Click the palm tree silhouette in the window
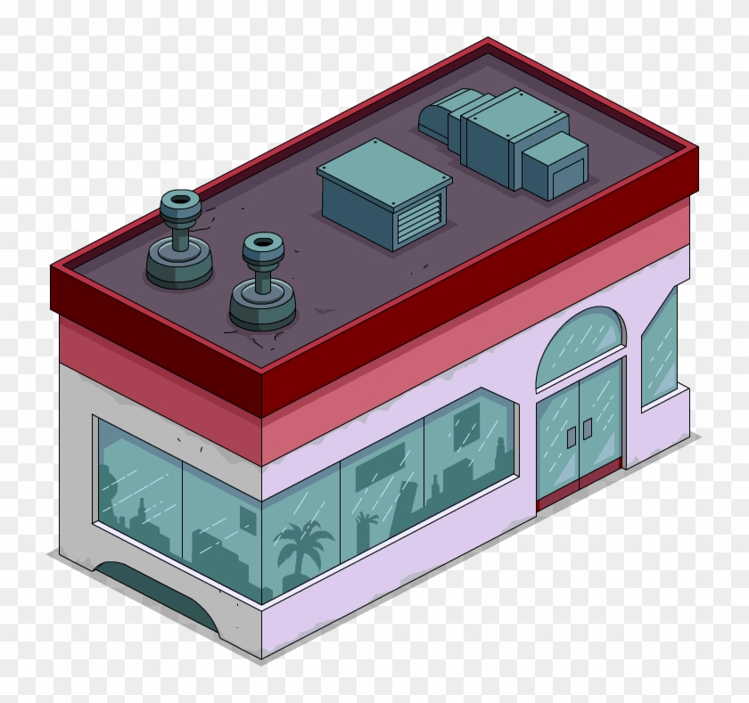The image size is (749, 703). coord(303,544)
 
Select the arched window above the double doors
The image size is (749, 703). coord(580,345)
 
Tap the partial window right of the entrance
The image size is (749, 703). coord(660,347)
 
